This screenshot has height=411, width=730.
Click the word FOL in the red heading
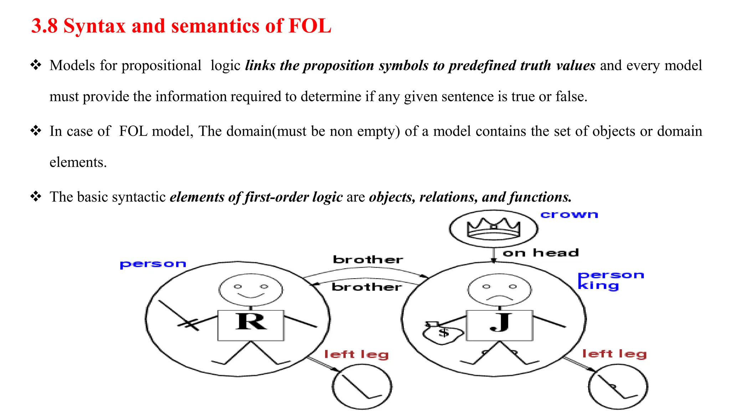tap(309, 26)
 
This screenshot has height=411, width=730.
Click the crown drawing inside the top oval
tap(494, 228)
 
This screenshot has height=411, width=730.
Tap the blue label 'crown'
tap(569, 215)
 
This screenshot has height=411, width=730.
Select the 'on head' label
tap(540, 253)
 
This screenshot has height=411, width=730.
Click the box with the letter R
tap(251, 325)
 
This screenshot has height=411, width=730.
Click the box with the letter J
tap(499, 325)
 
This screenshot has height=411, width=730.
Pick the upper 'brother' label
tap(368, 259)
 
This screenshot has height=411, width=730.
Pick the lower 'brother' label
tap(366, 287)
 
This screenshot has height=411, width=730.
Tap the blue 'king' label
tap(598, 286)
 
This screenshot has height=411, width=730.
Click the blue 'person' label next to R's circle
tap(153, 264)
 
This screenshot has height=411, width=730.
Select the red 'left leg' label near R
tap(356, 354)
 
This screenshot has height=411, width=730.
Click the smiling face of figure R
tap(251, 290)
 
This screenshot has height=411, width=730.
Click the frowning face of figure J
tap(499, 290)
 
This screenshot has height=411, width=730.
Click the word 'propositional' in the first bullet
tap(161, 66)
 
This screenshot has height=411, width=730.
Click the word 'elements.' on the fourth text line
tap(78, 162)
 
